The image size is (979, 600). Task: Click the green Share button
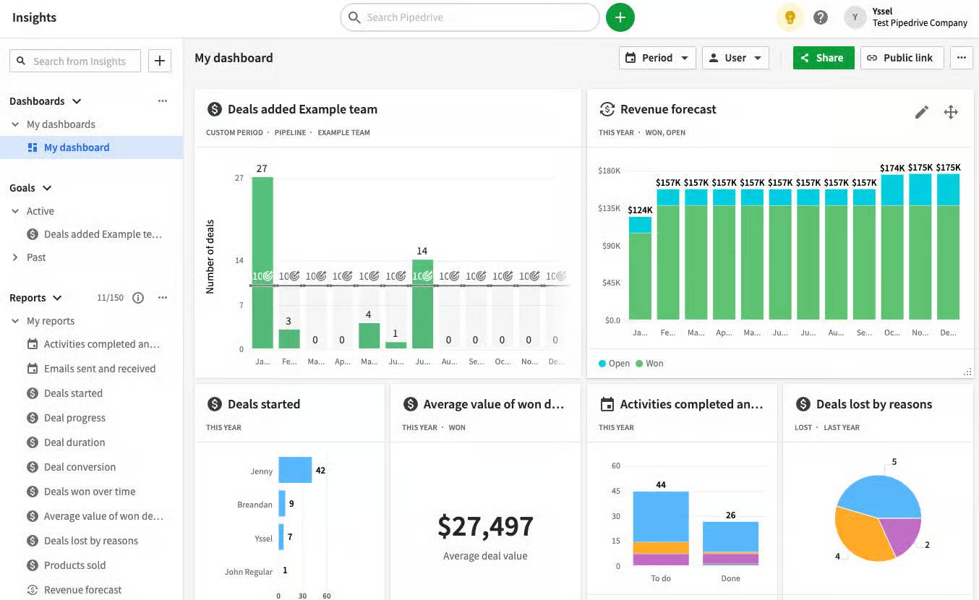click(x=823, y=58)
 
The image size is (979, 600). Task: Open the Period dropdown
click(x=657, y=58)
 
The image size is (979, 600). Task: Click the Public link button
click(x=901, y=58)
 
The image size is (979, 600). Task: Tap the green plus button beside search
click(x=620, y=17)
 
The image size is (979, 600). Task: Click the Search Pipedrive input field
click(x=470, y=17)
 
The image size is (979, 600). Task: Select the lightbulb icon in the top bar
click(x=790, y=17)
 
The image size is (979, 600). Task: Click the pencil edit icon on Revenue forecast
click(x=921, y=112)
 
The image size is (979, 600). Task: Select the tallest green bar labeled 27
click(x=262, y=260)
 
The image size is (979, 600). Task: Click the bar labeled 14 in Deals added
click(x=422, y=304)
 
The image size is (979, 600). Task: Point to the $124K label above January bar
click(x=640, y=210)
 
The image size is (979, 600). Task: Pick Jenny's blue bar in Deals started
click(x=295, y=470)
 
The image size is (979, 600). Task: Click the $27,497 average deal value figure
click(x=485, y=526)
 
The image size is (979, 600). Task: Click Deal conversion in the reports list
click(x=80, y=467)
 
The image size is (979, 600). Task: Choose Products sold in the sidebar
click(x=74, y=565)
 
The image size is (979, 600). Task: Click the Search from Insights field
click(x=78, y=61)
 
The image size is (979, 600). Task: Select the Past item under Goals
click(x=36, y=257)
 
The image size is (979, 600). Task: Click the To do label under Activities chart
click(x=661, y=578)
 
